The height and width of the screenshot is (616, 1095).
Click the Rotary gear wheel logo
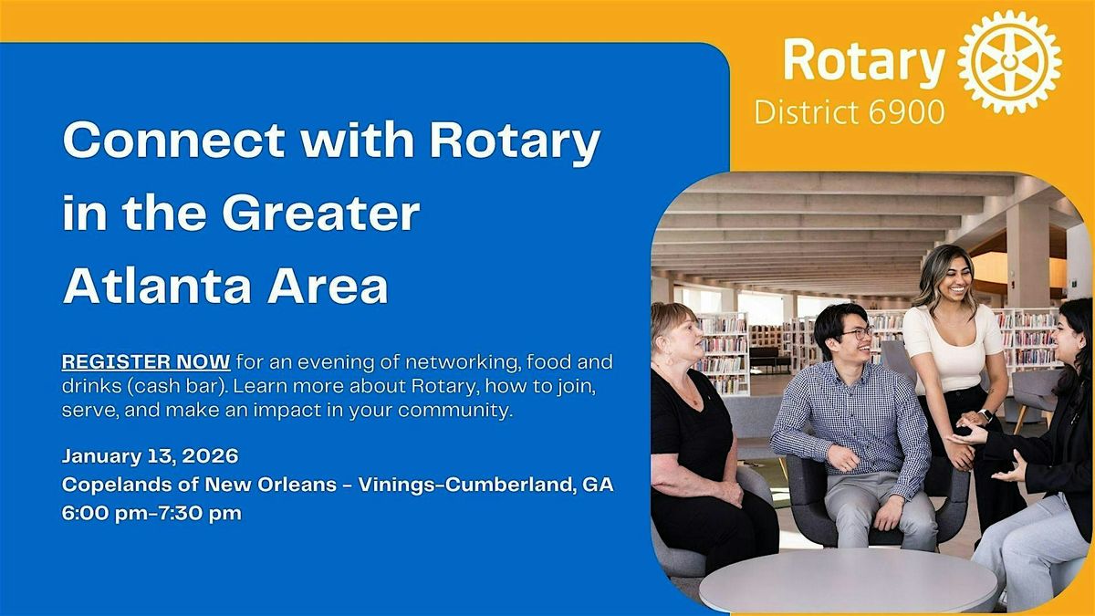[x=1010, y=62]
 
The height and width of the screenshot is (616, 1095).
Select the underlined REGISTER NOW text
[x=146, y=362]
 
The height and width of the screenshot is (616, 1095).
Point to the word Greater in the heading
[x=320, y=214]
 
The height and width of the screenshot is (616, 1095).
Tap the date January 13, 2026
[x=151, y=455]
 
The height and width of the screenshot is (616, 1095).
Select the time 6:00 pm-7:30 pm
[x=151, y=513]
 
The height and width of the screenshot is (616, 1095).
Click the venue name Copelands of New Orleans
[x=199, y=485]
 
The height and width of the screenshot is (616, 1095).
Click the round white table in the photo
[x=849, y=579]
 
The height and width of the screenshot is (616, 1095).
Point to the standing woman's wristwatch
[x=985, y=415]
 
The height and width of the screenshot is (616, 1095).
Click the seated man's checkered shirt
[x=850, y=411]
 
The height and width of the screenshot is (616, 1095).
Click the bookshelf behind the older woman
[x=725, y=351]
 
